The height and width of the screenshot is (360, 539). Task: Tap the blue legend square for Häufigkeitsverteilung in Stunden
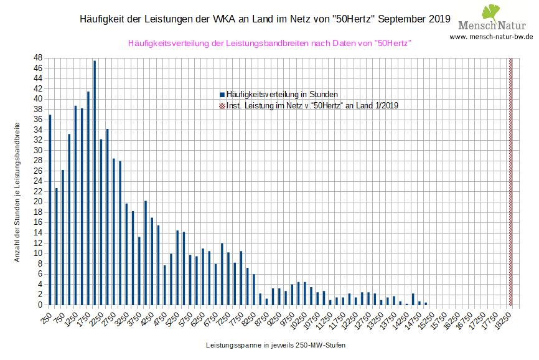tap(222, 94)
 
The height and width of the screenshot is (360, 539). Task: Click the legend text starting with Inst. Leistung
tap(312, 105)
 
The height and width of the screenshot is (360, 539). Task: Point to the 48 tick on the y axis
tap(39, 58)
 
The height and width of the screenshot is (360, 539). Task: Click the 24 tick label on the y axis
tap(39, 181)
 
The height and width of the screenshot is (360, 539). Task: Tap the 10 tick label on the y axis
tap(39, 253)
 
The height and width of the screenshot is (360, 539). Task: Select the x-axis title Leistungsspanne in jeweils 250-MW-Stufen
tap(276, 344)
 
